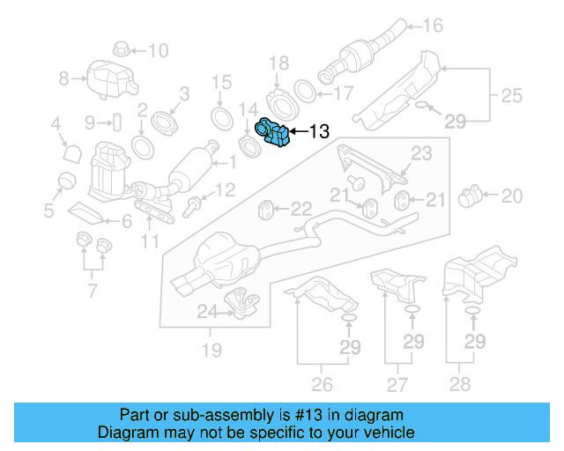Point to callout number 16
[x=433, y=25]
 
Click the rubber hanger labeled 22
[x=265, y=210]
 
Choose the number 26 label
[x=322, y=384]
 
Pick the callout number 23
[x=422, y=154]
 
